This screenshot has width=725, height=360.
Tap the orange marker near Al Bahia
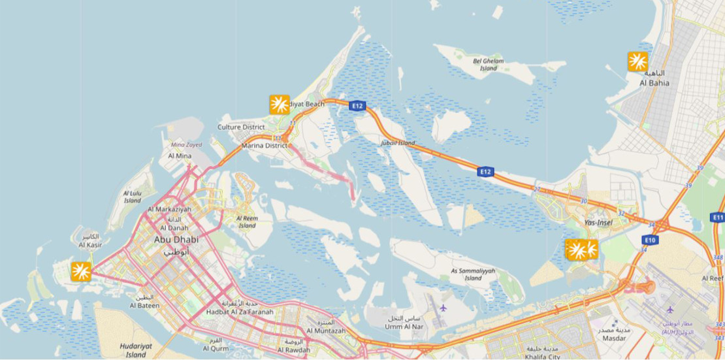coord(637,61)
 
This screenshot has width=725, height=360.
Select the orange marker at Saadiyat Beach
coord(280,105)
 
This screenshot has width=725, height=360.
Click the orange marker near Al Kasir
coord(81,271)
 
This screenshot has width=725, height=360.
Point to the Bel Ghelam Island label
coord(488,64)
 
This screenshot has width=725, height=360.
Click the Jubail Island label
coord(398,142)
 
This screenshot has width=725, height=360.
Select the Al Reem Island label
coord(247,221)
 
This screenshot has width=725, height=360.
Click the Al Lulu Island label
coord(133,197)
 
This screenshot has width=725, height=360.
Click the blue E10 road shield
coord(650,240)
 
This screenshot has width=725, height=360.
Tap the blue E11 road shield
coord(717,217)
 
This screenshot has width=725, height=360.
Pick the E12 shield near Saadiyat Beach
coord(357,105)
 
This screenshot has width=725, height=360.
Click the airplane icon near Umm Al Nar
coord(443,307)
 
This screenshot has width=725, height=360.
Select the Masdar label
coord(615,338)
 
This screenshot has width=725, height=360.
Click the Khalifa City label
coord(543,357)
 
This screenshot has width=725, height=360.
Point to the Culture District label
coord(241,127)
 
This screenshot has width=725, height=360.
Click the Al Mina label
coord(180,156)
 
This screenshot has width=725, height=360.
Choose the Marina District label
coord(265,146)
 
